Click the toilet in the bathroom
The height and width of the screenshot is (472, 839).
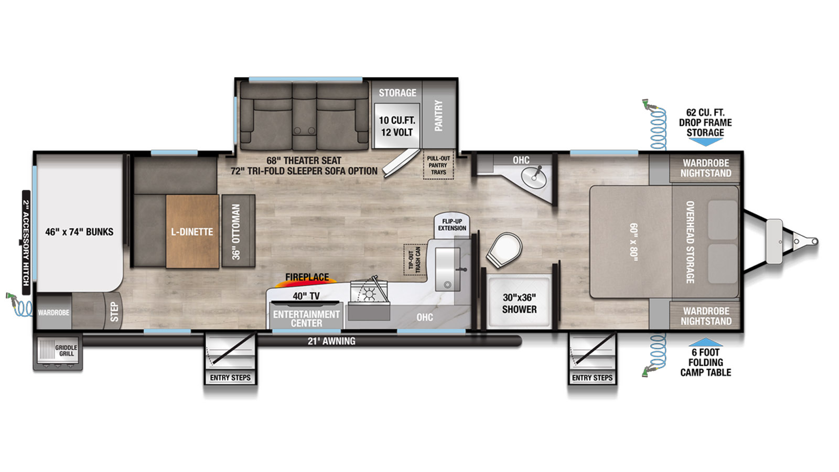[x=504, y=250]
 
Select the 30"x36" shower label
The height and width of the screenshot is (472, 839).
[x=519, y=304]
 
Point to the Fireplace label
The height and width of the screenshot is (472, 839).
[x=307, y=277]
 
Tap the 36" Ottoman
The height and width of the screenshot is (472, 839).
[x=239, y=231]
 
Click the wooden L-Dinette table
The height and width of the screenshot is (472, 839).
[x=192, y=231]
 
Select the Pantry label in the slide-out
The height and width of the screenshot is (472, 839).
[x=438, y=115]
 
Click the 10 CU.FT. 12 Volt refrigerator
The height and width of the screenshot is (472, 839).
[x=396, y=126]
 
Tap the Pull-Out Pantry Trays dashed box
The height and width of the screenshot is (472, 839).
[x=438, y=165]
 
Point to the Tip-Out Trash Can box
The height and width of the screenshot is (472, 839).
[x=415, y=260]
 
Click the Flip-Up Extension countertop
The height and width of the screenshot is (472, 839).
[x=452, y=226]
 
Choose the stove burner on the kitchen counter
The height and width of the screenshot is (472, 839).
[x=369, y=295]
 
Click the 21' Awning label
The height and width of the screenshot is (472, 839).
[x=331, y=341]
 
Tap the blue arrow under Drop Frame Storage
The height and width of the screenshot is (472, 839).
[x=705, y=142]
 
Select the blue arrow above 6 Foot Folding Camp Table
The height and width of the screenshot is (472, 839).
[x=706, y=342]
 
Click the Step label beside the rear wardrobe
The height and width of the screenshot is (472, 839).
[x=114, y=312]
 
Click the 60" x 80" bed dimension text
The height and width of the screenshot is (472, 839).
[x=633, y=242]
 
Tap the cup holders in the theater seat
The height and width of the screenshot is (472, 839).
[x=304, y=131]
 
